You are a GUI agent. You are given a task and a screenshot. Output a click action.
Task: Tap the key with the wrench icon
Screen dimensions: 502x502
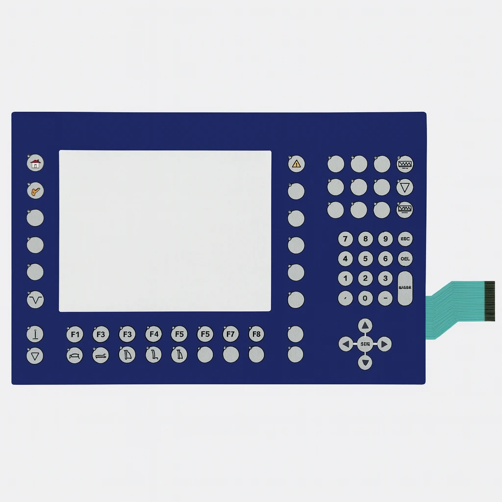pyautogui.click(x=35, y=191)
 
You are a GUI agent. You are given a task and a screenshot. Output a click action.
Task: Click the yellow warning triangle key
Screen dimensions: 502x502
pyautogui.click(x=296, y=164)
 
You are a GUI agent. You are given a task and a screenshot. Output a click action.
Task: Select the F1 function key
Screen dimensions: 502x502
pyautogui.click(x=75, y=334)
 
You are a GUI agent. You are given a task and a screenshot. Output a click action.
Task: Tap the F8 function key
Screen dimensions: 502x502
pyautogui.click(x=256, y=334)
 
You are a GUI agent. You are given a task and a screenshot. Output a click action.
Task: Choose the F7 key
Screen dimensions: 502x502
pyautogui.click(x=230, y=334)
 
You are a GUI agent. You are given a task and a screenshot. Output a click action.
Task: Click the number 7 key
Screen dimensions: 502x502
pyautogui.click(x=346, y=239)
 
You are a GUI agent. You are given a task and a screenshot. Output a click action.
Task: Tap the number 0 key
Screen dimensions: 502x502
pyautogui.click(x=365, y=298)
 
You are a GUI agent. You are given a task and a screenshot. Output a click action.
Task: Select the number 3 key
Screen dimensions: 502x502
pyautogui.click(x=385, y=278)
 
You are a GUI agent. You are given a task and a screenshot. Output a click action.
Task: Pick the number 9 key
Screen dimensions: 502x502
pyautogui.click(x=385, y=239)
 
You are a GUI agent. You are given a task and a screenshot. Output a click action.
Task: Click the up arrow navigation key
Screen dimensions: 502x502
pyautogui.click(x=365, y=326)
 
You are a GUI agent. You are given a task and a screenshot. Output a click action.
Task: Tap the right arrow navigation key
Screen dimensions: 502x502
pyautogui.click(x=384, y=344)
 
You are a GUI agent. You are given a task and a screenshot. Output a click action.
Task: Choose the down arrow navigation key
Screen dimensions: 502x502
pyautogui.click(x=365, y=363)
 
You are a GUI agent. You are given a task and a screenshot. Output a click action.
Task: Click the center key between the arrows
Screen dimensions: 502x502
pyautogui.click(x=365, y=344)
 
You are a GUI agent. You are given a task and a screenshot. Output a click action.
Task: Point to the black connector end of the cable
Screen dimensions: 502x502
pyautogui.click(x=489, y=301)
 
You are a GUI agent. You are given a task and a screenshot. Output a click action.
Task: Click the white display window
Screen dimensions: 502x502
pyautogui.click(x=165, y=231)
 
